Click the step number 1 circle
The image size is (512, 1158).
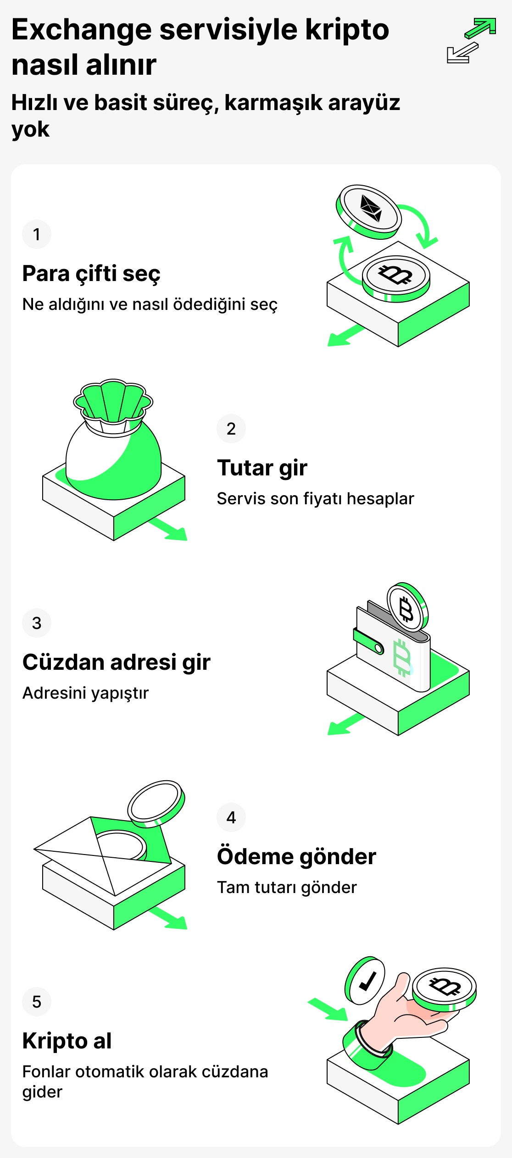tap(37, 234)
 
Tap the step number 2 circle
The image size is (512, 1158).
tap(231, 429)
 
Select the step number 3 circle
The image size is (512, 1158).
tap(37, 623)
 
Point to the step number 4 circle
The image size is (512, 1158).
tap(231, 817)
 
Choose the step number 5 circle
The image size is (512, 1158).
tap(37, 1002)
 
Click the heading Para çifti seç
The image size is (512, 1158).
tap(91, 274)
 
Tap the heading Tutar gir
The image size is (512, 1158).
tap(262, 468)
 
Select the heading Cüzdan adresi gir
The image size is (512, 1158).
tap(116, 662)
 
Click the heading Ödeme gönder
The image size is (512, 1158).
tap(296, 857)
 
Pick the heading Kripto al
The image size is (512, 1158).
tap(67, 1041)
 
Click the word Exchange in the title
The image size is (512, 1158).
tap(81, 30)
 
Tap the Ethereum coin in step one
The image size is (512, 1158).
tap(369, 210)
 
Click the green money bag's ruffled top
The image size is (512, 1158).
tap(113, 401)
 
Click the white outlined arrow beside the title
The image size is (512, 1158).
tap(462, 53)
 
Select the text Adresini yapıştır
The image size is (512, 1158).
tap(85, 693)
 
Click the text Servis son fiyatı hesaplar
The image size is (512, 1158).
tap(315, 498)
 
